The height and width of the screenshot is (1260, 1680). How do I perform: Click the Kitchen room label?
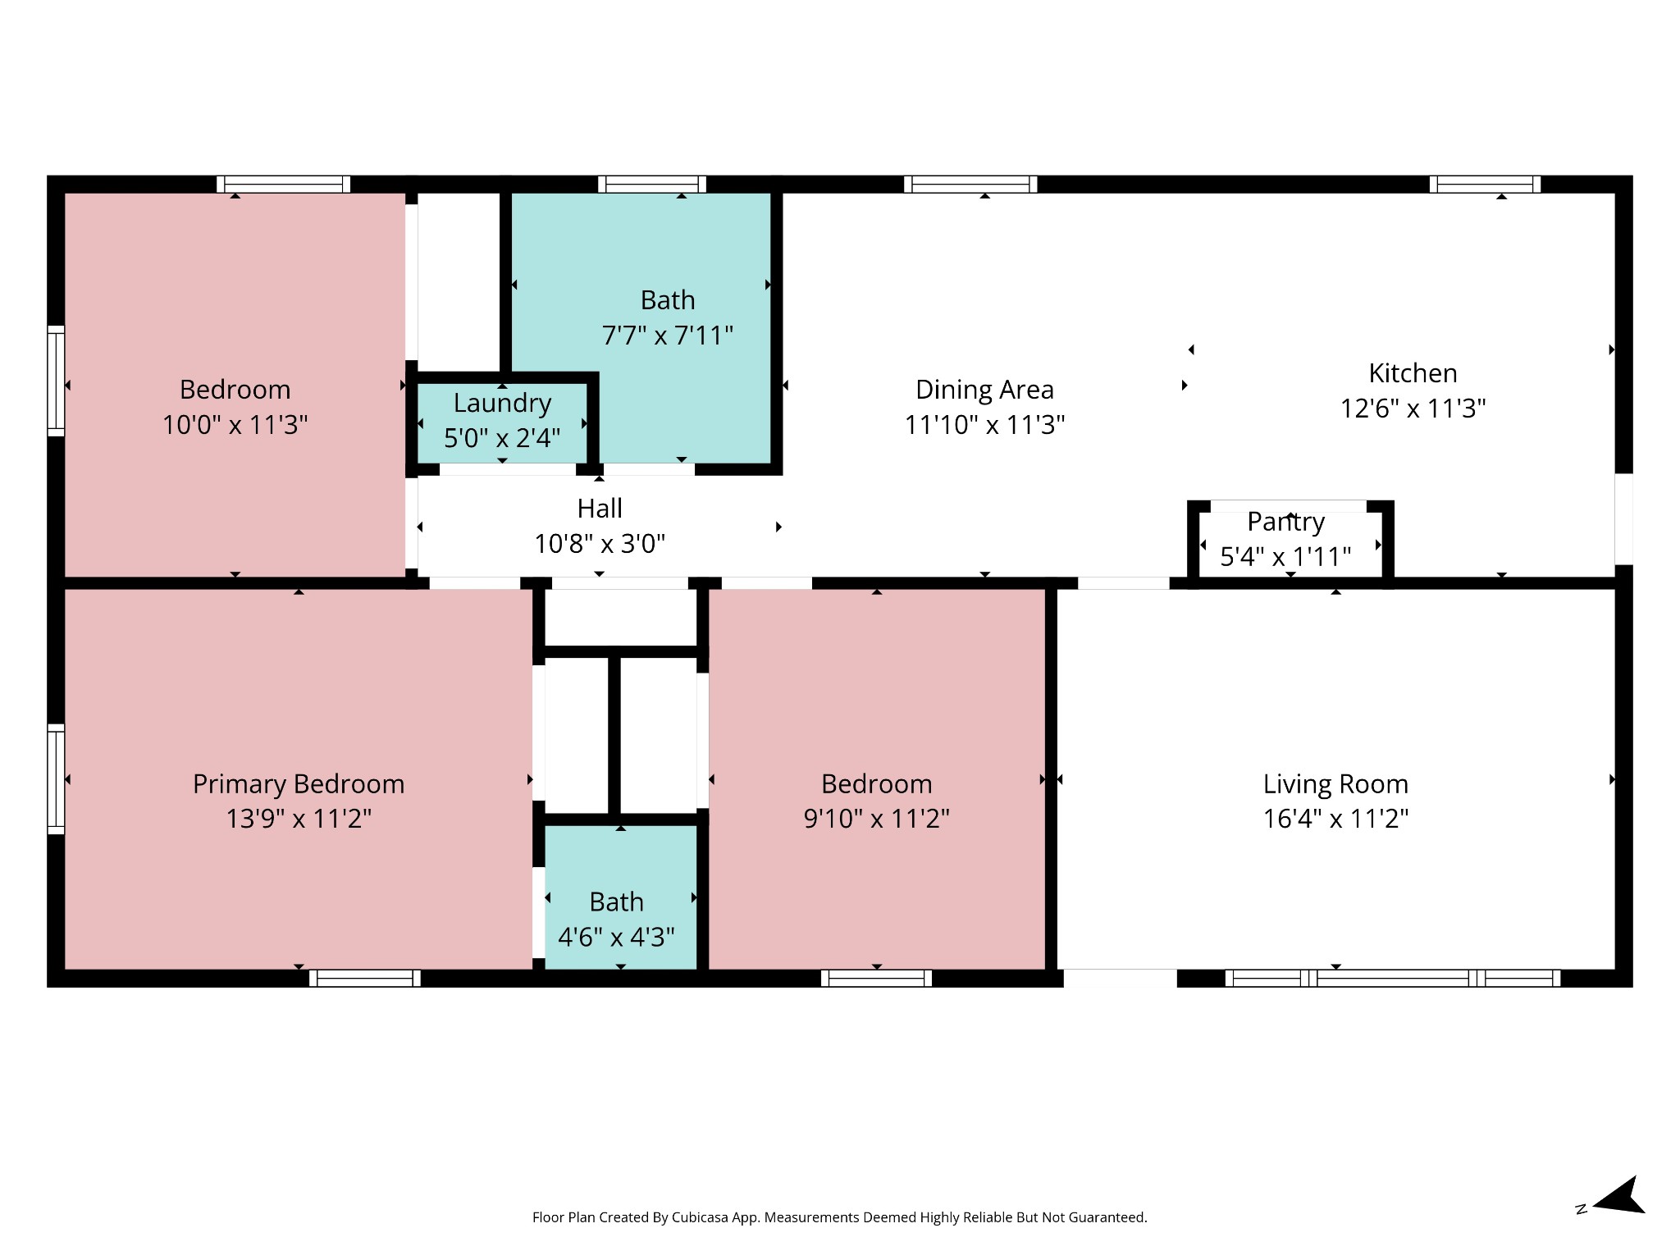point(1413,373)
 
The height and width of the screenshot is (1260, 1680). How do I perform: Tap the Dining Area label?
point(984,390)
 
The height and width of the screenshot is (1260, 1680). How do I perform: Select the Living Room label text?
point(1335,784)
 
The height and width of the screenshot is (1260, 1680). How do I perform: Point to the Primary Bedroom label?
point(299,784)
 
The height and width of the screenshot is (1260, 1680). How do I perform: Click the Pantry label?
point(1285,522)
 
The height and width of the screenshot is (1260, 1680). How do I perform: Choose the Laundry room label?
point(502,404)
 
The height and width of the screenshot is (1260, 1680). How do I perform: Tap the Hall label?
point(600,509)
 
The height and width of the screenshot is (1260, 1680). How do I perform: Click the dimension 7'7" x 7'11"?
point(668,336)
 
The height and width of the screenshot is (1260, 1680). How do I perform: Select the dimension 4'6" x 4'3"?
point(616,937)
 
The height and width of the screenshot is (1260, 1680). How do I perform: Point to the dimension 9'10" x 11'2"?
point(876,819)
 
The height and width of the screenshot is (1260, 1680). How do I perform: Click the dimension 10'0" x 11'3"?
point(235,425)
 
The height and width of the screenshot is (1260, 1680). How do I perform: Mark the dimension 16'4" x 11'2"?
point(1335,819)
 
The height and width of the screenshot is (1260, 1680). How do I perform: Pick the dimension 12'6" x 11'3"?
point(1413,409)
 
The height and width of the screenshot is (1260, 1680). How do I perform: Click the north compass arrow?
point(1619,1197)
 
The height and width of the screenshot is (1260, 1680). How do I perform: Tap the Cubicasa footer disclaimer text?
point(839,1217)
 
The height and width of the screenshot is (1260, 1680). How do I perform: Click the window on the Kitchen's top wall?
point(1485,185)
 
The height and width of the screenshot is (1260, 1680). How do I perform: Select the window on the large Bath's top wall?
point(652,185)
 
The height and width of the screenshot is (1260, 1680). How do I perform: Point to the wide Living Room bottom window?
point(1392,978)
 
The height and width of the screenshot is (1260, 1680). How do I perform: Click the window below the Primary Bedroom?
point(365,978)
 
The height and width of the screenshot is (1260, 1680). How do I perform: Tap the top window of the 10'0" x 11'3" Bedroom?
point(283,185)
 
